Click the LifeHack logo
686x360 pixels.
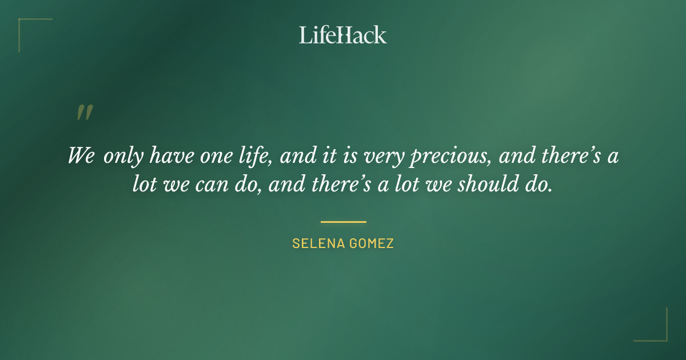coord(343,35)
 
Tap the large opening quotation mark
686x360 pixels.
coord(84,113)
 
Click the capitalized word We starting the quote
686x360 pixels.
coord(81,156)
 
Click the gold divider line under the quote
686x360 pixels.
coord(343,222)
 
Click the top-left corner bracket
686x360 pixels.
coord(26,26)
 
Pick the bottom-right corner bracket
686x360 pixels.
coord(660,334)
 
